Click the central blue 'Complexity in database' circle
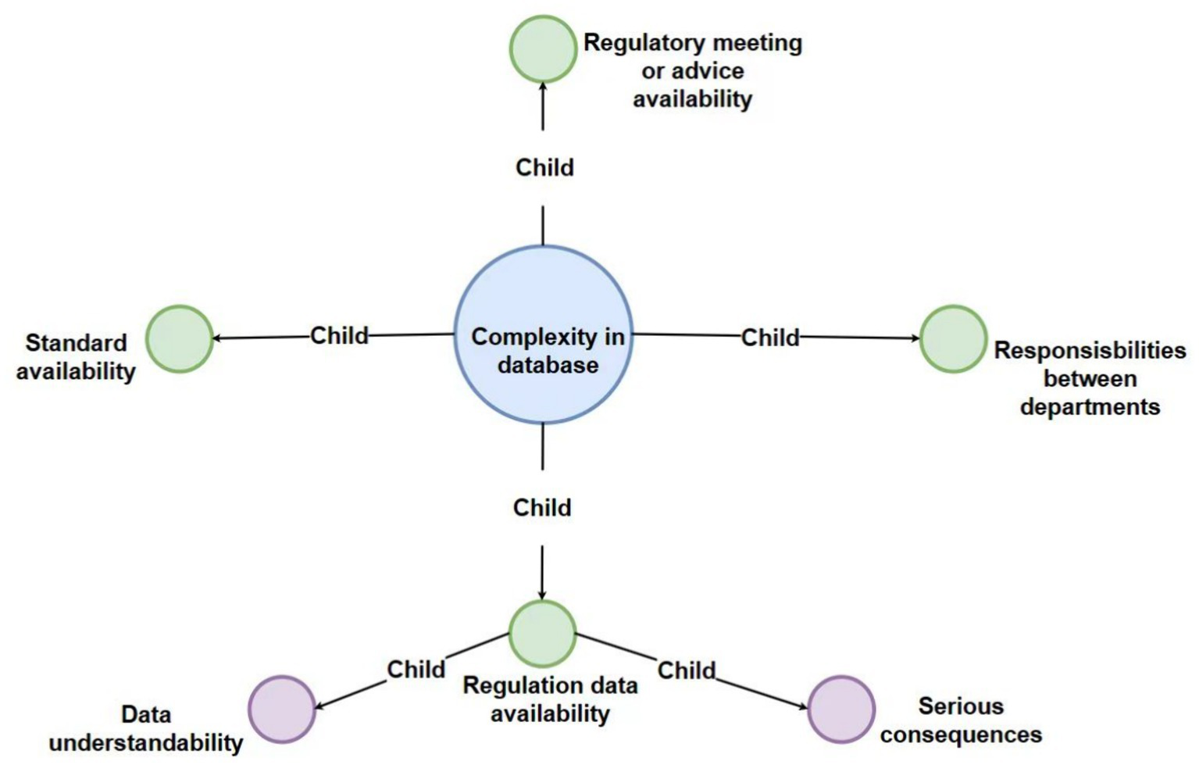543,335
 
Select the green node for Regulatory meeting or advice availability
543,49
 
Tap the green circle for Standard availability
180,338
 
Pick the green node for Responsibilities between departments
953,338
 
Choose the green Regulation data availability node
542,634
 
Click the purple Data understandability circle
282,710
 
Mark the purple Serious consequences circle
840,710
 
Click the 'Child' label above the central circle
544,167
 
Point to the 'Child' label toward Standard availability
339,336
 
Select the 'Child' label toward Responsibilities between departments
770,338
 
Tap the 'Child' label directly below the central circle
542,508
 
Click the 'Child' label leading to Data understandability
416,670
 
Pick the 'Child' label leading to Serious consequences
687,670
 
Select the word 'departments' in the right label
1090,407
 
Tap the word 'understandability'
146,742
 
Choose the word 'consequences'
961,735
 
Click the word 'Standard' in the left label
76,343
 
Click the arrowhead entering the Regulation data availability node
542,595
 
